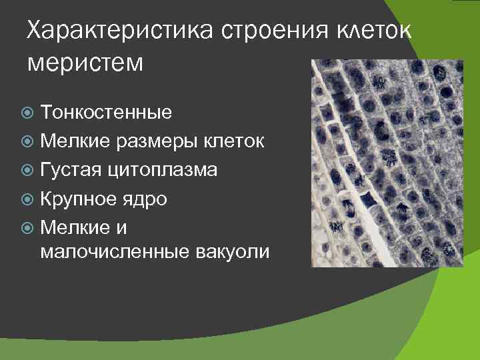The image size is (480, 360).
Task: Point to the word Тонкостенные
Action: click(x=106, y=112)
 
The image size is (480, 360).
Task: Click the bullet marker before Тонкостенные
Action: click(x=29, y=113)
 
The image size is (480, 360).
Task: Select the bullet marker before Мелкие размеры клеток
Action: click(x=29, y=141)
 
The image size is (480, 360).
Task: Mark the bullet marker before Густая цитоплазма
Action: click(x=29, y=171)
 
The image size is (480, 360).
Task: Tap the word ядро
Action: click(x=148, y=199)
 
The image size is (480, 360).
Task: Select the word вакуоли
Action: click(x=233, y=252)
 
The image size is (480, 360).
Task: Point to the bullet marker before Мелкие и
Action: click(x=29, y=229)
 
